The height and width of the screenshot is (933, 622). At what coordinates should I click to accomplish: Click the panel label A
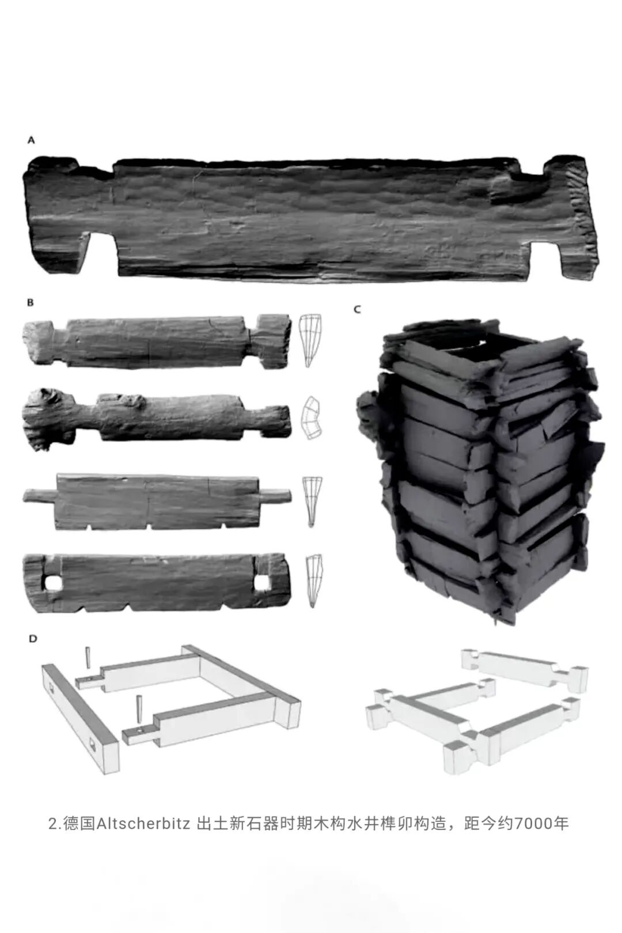click(31, 141)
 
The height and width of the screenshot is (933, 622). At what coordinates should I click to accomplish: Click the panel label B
click(31, 303)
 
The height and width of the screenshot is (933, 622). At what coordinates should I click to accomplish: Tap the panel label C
click(357, 309)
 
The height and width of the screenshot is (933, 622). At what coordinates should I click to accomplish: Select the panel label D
click(33, 639)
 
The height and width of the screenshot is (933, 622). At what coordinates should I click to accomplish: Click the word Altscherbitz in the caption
click(144, 824)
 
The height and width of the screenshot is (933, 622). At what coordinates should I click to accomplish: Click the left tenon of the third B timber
click(40, 496)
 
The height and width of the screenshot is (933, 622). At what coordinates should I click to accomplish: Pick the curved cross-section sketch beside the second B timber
click(311, 418)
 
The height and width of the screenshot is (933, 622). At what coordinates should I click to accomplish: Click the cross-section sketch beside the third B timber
click(312, 501)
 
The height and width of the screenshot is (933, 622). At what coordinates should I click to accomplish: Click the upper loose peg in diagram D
click(87, 658)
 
